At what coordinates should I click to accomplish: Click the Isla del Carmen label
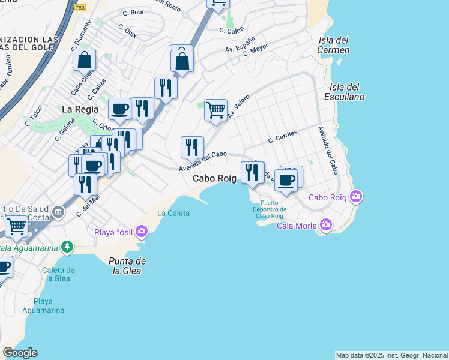(334, 45)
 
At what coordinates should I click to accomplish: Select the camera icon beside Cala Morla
(326, 225)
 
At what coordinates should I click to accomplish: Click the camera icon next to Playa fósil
(142, 230)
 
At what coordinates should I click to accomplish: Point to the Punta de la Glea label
(128, 266)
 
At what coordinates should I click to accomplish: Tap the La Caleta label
(173, 213)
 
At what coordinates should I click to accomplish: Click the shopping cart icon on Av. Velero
(215, 110)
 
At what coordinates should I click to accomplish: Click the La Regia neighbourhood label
(76, 109)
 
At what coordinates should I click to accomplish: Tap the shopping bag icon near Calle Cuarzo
(85, 60)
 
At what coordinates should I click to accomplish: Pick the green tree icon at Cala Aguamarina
(68, 246)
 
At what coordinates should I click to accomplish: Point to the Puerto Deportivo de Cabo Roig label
(271, 209)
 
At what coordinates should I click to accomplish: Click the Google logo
(20, 353)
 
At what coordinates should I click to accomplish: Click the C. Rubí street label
(133, 12)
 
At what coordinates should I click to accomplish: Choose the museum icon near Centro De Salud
(58, 211)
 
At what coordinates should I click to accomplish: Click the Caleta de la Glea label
(58, 274)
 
